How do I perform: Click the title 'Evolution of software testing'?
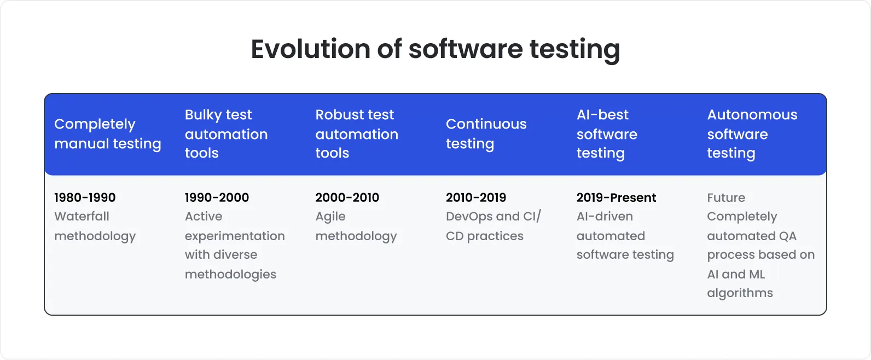(435, 49)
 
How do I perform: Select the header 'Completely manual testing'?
(107, 133)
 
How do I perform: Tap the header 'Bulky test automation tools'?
(226, 133)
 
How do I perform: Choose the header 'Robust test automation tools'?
(357, 133)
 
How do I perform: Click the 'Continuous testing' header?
(486, 133)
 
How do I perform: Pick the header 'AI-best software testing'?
(606, 133)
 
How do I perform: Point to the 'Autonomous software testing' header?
(752, 133)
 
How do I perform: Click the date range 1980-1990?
(85, 198)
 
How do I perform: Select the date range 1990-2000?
(217, 198)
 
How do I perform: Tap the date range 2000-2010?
(347, 198)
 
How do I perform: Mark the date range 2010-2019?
(476, 198)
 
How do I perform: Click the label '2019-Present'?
(616, 198)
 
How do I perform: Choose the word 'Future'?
(726, 198)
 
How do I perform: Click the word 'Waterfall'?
(82, 217)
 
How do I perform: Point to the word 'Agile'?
(330, 217)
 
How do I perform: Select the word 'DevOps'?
(469, 217)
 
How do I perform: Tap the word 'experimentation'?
(235, 236)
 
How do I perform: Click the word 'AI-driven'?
(605, 217)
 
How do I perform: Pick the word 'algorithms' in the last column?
(740, 293)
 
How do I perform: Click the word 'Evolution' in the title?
(310, 49)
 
